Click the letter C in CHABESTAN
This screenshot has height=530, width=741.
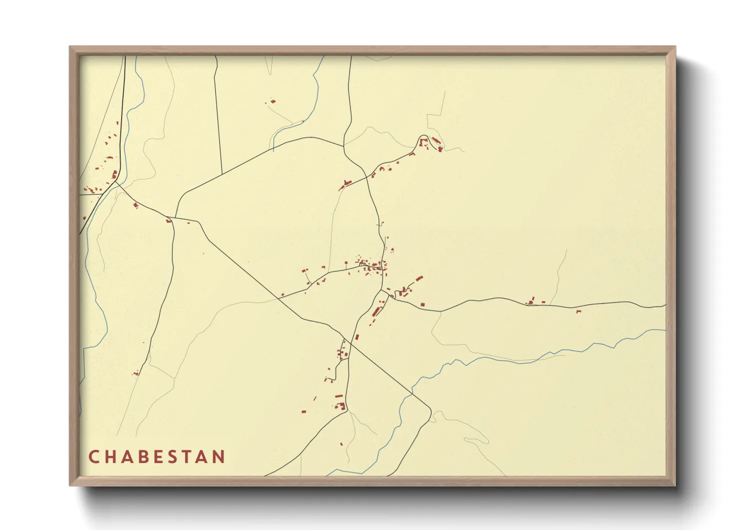pyautogui.click(x=94, y=457)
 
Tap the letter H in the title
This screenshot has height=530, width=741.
pyautogui.click(x=110, y=457)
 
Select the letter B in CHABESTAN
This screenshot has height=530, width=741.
pyautogui.click(x=143, y=457)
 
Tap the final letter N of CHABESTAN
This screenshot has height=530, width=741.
pyautogui.click(x=219, y=457)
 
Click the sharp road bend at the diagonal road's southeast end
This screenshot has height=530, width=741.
pyautogui.click(x=430, y=410)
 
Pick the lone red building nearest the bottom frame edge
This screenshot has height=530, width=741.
pyautogui.click(x=341, y=444)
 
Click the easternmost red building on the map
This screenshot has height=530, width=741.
pyautogui.click(x=578, y=312)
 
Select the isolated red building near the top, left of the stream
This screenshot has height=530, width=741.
pyautogui.click(x=273, y=102)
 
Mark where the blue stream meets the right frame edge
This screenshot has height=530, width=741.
pyautogui.click(x=665, y=330)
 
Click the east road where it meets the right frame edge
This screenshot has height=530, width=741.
pyautogui.click(x=665, y=305)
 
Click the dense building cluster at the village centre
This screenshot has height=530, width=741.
pyautogui.click(x=373, y=266)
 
